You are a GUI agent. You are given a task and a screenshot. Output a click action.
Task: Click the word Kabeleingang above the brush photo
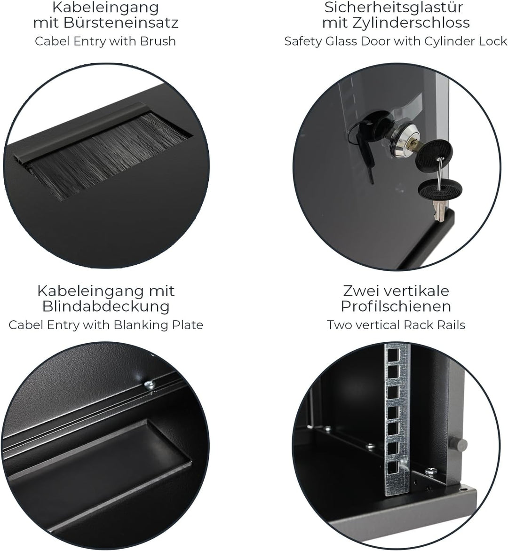(105, 8)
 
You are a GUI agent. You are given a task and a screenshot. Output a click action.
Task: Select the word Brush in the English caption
(158, 41)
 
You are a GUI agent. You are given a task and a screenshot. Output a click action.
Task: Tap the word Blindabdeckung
(105, 307)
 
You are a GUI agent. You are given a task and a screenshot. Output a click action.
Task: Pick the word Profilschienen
(396, 307)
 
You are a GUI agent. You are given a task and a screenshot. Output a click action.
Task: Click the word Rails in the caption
(450, 325)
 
